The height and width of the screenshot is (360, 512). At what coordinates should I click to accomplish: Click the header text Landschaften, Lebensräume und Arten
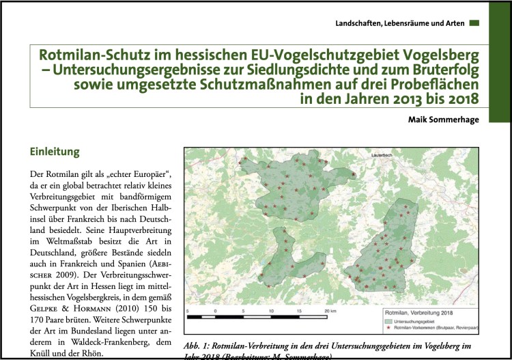400,23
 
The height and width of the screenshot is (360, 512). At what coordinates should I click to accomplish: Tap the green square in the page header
475,23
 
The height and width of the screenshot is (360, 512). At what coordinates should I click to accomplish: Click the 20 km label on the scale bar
330,311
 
